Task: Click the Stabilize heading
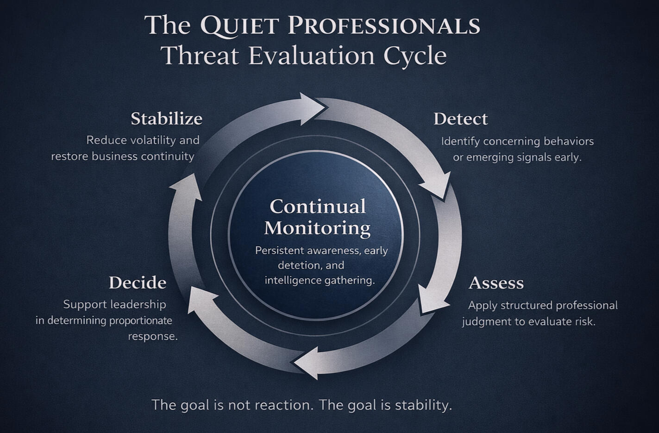pyautogui.click(x=166, y=119)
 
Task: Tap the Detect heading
pyautogui.click(x=460, y=119)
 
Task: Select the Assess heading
pyautogui.click(x=496, y=283)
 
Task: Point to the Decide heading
pyautogui.click(x=138, y=283)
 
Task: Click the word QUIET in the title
pyautogui.click(x=239, y=25)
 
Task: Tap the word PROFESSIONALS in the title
pyautogui.click(x=384, y=25)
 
